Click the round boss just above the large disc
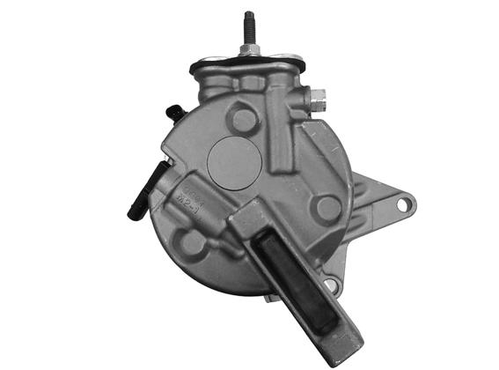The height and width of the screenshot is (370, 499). coord(242,115)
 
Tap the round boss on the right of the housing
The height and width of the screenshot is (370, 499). coord(328,208)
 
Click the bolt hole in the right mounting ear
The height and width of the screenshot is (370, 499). coord(403,204)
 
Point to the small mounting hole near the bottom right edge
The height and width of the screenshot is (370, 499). coord(331,285)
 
